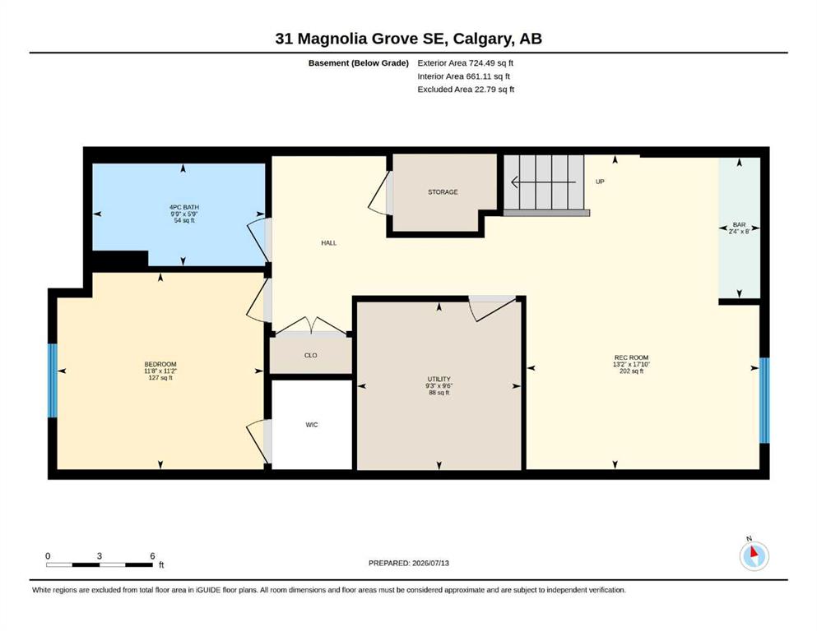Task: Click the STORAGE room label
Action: point(443,192)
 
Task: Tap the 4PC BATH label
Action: point(184,207)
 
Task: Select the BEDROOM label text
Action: point(160,364)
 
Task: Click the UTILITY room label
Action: point(439,380)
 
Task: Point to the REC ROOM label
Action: point(632,357)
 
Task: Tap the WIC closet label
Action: point(312,425)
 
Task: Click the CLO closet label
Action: point(310,355)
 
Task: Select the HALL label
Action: point(329,243)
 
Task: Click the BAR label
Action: point(739,225)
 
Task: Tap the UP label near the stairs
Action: point(600,182)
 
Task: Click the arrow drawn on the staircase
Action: point(544,182)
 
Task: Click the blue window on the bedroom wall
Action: point(52,380)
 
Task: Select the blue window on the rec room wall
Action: point(764,400)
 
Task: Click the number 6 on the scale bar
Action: point(153,556)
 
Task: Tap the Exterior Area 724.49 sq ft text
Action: point(466,63)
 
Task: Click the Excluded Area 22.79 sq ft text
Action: point(466,90)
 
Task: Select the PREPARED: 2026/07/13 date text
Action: point(408,563)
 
